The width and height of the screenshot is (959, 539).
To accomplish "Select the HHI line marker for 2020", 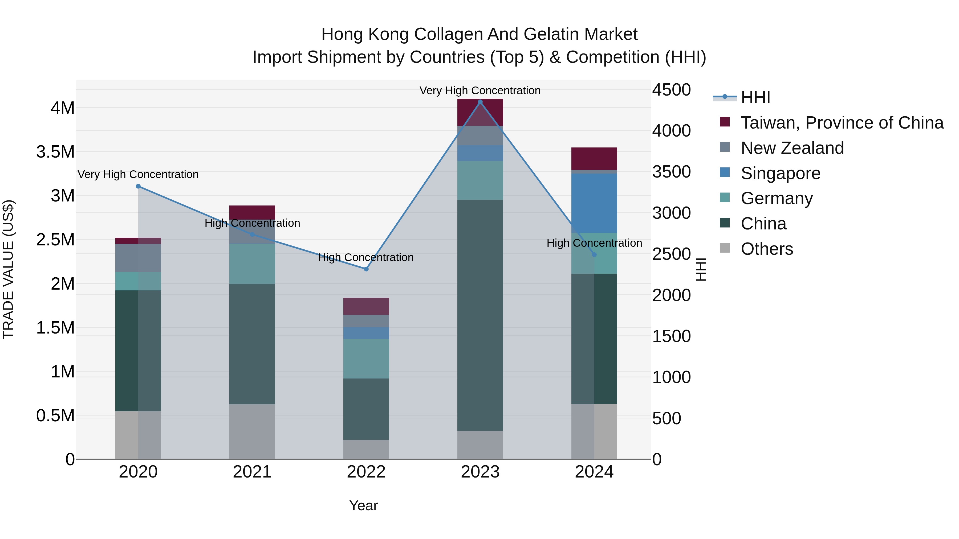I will click(138, 186).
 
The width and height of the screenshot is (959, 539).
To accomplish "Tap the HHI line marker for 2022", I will click(366, 269).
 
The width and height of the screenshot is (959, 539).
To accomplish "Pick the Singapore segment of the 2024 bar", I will click(594, 203).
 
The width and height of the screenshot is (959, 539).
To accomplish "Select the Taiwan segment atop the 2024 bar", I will click(594, 158).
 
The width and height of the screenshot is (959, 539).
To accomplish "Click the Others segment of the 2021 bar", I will click(252, 431).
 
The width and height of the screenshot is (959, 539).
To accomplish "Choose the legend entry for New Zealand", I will click(792, 148).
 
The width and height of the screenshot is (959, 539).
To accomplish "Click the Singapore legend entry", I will click(780, 173).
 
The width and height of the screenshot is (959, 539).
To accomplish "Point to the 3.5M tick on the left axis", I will click(55, 152).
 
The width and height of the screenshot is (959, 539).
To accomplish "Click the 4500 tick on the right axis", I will click(671, 90).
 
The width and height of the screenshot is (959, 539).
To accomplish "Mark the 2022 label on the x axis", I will click(366, 472).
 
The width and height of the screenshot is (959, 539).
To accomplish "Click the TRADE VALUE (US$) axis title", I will click(8, 269).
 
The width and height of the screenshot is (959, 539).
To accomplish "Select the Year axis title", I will click(363, 505).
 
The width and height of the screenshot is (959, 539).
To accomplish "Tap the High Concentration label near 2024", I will click(594, 243).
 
